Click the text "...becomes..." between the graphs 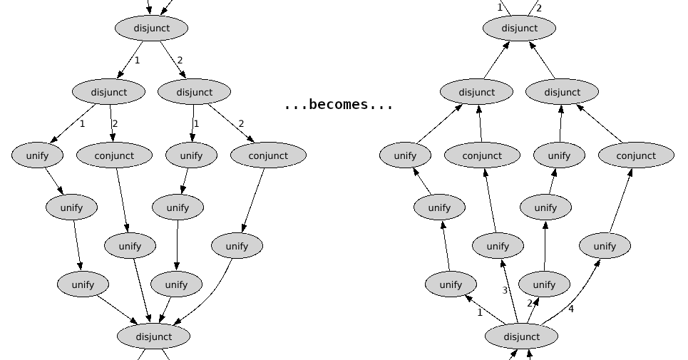(x=338, y=105)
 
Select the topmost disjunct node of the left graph (x=151, y=29)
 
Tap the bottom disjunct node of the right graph (x=521, y=336)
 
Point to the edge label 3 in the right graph (x=505, y=290)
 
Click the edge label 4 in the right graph (x=570, y=309)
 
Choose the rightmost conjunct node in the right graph (x=635, y=155)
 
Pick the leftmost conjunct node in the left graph (x=114, y=155)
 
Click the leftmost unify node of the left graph (x=37, y=155)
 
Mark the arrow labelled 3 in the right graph (x=510, y=292)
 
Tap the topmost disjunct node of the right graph (x=519, y=29)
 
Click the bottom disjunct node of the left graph (x=153, y=336)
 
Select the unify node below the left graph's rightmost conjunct (x=237, y=246)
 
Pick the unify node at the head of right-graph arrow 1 (x=451, y=284)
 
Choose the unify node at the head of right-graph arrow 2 (x=544, y=284)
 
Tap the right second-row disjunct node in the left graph (x=194, y=92)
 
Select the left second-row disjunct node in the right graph (x=476, y=92)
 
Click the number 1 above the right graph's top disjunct (x=500, y=7)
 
